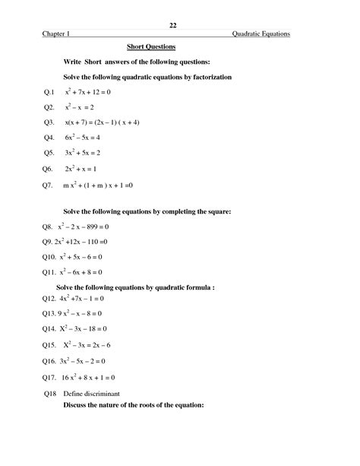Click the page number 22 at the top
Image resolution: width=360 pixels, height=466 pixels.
pos(173,25)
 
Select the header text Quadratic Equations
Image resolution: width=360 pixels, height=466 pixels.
pos(261,34)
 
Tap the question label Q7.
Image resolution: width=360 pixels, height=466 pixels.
pos(49,185)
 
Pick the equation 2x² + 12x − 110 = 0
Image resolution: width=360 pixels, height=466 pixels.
pos(81,242)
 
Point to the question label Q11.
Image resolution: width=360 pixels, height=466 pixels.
pos(51,272)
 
